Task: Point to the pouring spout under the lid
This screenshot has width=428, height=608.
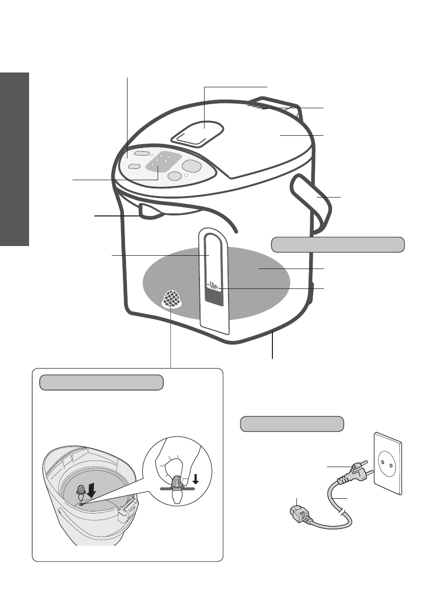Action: (x=151, y=211)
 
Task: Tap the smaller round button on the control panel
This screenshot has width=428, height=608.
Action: (x=174, y=176)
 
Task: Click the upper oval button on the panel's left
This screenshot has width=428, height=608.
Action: (x=143, y=154)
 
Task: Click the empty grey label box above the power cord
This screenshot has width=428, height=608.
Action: (x=291, y=424)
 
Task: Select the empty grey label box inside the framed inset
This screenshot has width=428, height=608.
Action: (x=102, y=382)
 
